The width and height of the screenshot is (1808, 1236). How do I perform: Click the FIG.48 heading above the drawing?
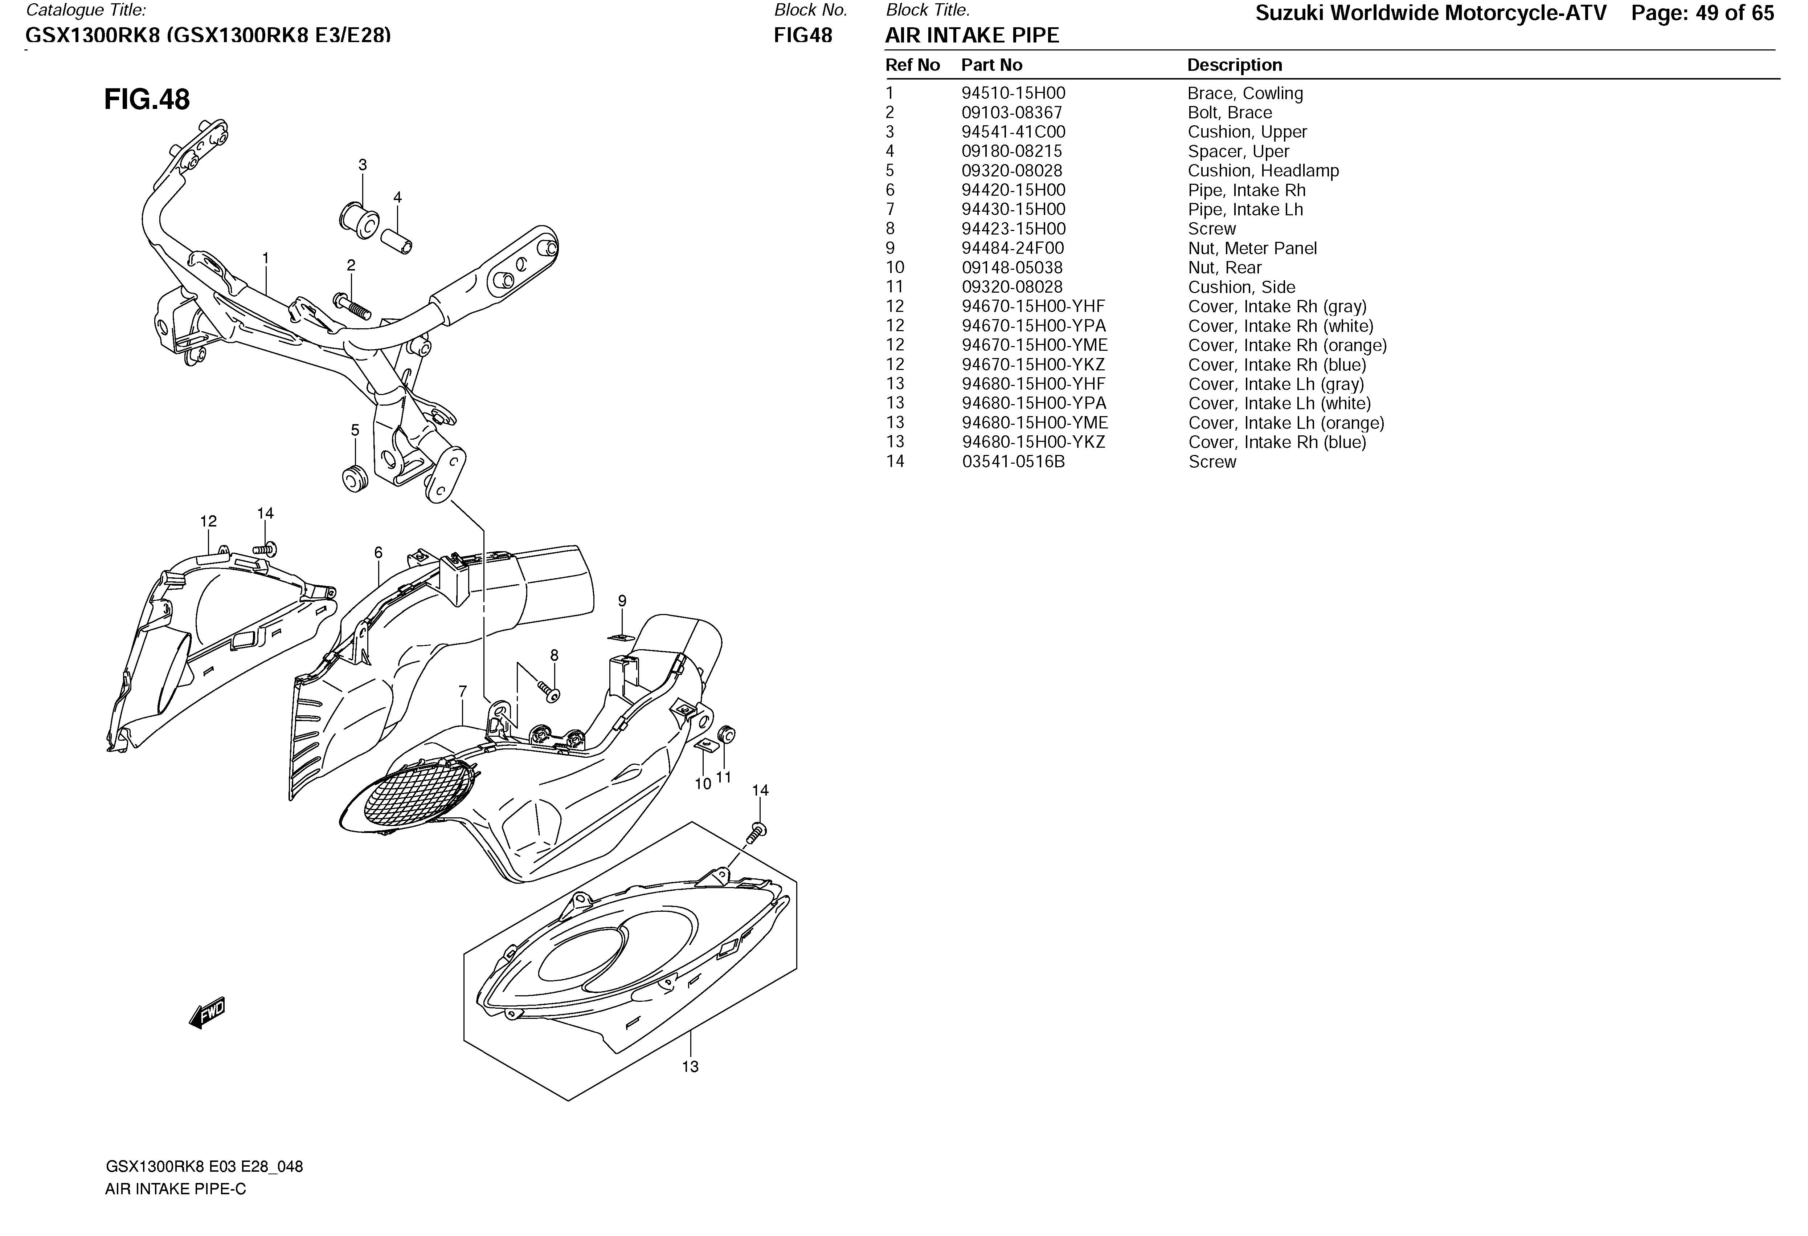[x=147, y=99]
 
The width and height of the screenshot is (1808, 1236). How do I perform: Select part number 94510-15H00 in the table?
[x=1013, y=93]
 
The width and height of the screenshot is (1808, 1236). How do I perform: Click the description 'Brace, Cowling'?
[x=1245, y=93]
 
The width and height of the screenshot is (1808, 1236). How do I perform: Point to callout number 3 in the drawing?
[x=363, y=165]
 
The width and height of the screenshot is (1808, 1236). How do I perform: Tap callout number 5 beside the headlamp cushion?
[x=355, y=430]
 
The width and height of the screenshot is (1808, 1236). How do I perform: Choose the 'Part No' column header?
[x=992, y=65]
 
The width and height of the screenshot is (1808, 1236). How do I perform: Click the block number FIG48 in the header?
[x=803, y=36]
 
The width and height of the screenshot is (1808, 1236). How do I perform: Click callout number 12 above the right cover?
[x=209, y=521]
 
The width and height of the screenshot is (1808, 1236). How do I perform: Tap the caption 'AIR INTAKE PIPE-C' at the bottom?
[x=176, y=1189]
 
